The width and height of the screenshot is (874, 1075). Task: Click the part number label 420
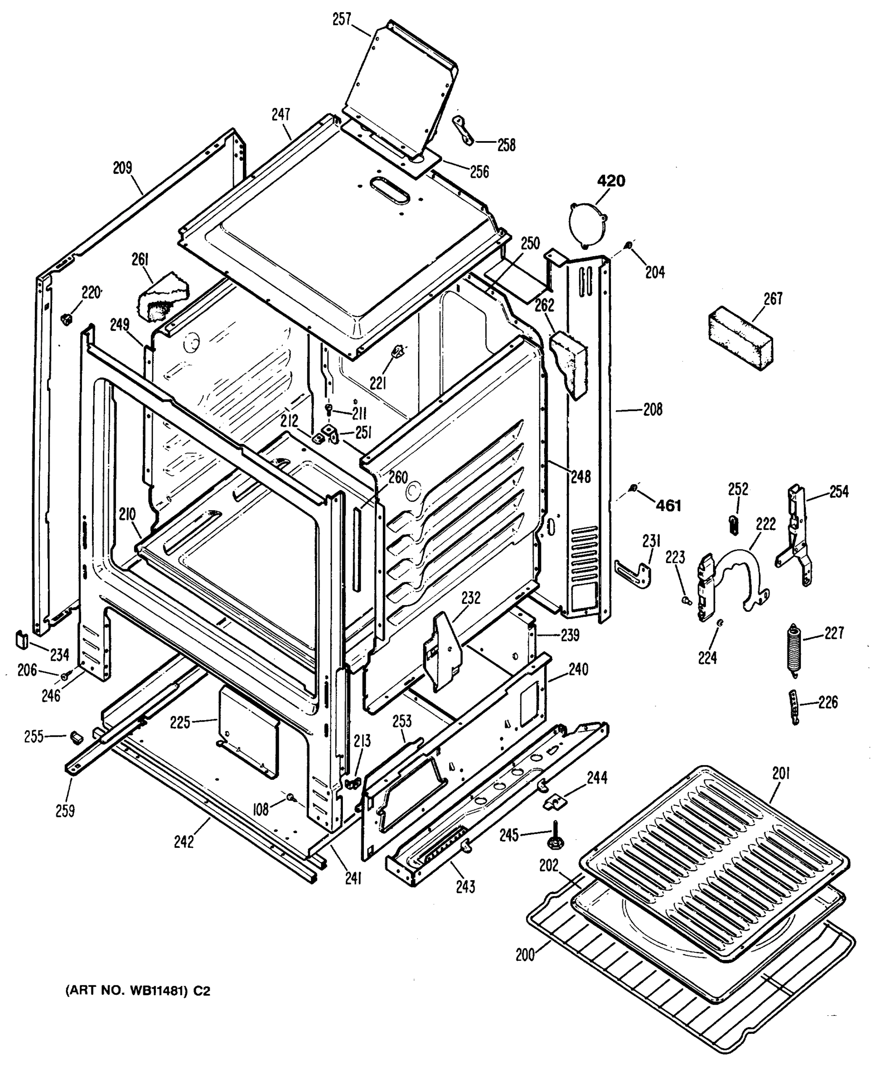[x=611, y=181]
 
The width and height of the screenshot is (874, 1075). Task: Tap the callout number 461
[x=669, y=505]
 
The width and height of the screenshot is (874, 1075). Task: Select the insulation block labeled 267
[x=740, y=341]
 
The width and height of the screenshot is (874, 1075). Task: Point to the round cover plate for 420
[x=588, y=224]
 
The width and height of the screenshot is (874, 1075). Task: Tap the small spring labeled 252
[x=734, y=525]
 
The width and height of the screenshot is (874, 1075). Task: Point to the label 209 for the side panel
[x=122, y=168]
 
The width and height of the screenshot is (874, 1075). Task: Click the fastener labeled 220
[x=65, y=318]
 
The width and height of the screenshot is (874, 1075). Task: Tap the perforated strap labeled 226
[x=795, y=707]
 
